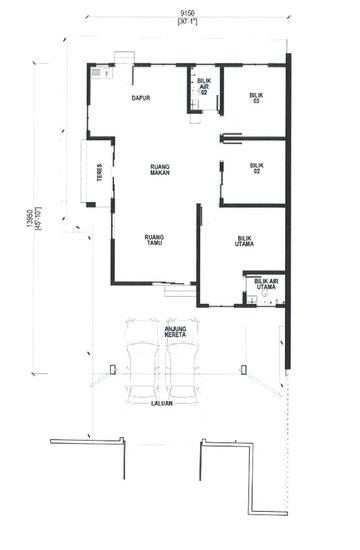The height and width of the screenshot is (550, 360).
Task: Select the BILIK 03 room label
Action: click(256, 98)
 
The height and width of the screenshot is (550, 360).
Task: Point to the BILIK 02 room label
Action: click(256, 167)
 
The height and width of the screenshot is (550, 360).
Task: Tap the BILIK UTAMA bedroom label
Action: click(244, 242)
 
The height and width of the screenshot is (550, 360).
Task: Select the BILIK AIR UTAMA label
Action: click(267, 285)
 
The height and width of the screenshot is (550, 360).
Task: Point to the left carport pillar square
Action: click(112, 369)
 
